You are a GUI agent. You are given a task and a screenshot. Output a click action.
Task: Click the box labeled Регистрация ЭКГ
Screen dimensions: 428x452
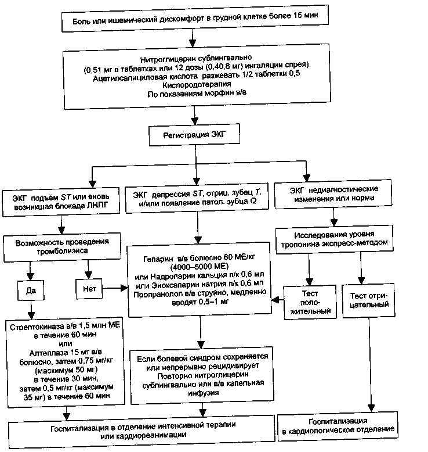pos(194,135)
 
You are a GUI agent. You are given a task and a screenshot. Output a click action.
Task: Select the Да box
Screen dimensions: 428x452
pos(31,290)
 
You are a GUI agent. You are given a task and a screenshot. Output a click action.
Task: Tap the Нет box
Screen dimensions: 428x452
pos(89,289)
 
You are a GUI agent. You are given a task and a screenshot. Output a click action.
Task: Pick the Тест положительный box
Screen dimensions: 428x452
pos(310,302)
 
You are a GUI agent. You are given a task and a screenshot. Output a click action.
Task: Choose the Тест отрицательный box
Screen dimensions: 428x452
pos(368,300)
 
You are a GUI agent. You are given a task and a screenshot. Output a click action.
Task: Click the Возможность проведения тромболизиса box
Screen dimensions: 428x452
pos(62,247)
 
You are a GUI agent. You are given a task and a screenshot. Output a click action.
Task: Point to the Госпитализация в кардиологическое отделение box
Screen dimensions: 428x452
pos(338,426)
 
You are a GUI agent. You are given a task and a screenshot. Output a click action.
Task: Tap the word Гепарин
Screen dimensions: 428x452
pos(158,259)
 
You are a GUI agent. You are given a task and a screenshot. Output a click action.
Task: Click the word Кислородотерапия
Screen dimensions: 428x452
pos(197,84)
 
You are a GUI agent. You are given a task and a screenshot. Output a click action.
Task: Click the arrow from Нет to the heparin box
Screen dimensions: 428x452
pos(115,288)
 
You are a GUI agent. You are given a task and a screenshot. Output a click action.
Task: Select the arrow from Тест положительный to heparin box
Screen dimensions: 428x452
pos(277,300)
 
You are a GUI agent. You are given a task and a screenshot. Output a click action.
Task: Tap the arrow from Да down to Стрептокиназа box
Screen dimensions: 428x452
pos(31,310)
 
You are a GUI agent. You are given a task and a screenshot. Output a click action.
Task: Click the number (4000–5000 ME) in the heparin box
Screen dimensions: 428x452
pos(200,266)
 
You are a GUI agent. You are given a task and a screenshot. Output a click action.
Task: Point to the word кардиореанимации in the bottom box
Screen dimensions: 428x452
pos(143,435)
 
